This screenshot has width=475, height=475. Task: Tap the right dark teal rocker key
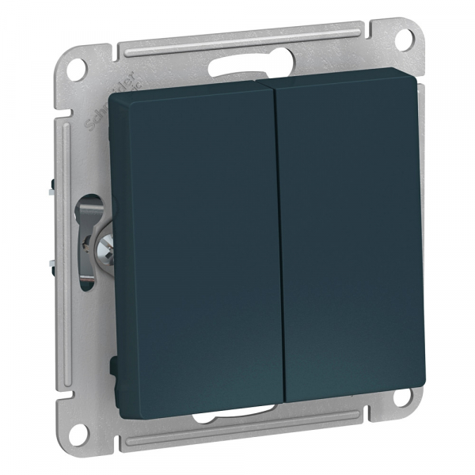(352, 230)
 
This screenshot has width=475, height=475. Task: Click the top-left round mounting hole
(76, 68)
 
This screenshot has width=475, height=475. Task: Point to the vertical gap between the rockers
(276, 237)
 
